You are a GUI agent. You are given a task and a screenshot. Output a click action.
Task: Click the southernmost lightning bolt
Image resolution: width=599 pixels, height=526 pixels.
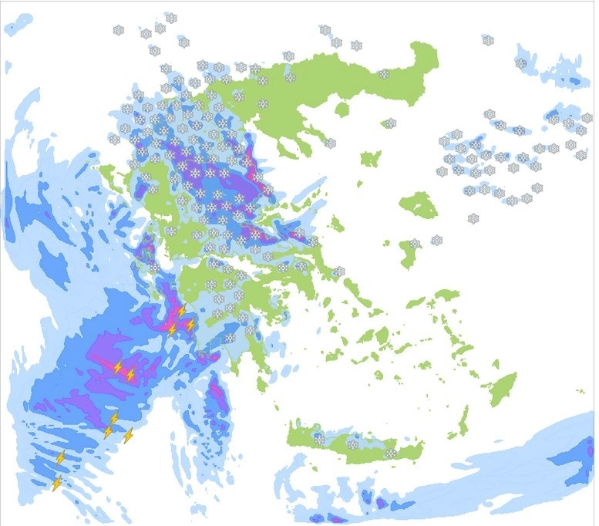[x=56, y=483]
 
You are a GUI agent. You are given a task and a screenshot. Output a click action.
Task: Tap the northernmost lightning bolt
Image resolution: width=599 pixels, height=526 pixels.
[x=182, y=311]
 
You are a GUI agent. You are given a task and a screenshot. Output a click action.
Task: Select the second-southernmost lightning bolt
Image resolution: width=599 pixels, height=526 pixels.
[x=61, y=458]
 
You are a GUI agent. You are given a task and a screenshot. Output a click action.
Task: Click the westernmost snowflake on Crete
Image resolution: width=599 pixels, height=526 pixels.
[x=319, y=440]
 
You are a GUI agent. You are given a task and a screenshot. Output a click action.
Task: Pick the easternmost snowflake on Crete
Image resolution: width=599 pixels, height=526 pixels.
[x=391, y=454]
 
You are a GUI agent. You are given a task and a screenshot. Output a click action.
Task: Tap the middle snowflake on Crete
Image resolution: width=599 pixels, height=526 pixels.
[x=352, y=445]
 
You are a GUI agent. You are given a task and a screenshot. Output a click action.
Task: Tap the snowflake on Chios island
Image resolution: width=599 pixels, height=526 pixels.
[x=415, y=244]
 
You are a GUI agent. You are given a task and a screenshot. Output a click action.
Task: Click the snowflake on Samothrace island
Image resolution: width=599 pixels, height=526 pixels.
[x=391, y=123]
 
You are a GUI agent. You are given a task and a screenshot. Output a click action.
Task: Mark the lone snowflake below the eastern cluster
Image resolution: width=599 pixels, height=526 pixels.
[x=473, y=219]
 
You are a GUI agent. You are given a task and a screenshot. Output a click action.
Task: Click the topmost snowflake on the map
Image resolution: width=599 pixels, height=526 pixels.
[x=170, y=17]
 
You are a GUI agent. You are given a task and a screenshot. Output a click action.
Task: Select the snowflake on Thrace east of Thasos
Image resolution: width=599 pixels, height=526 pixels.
[x=384, y=74]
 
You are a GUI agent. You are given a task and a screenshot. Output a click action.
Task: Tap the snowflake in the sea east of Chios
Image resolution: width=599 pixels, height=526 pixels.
[x=437, y=241]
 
